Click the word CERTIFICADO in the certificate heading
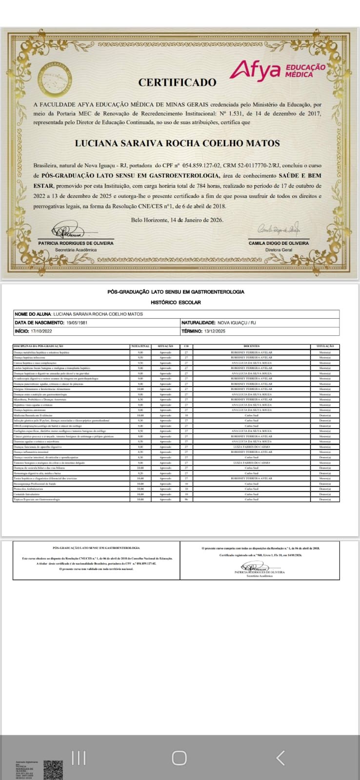177,82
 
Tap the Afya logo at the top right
277,69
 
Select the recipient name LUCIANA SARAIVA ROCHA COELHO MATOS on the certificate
177,143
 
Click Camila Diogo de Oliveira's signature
278,229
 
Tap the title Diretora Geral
279,250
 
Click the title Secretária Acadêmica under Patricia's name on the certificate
76,250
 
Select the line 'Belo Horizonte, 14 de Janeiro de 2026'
177,220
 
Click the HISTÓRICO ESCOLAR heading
176,302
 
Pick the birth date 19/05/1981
79,323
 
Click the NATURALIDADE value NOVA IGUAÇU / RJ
237,323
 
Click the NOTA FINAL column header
140,346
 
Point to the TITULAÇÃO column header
325,346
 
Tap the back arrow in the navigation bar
280,758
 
